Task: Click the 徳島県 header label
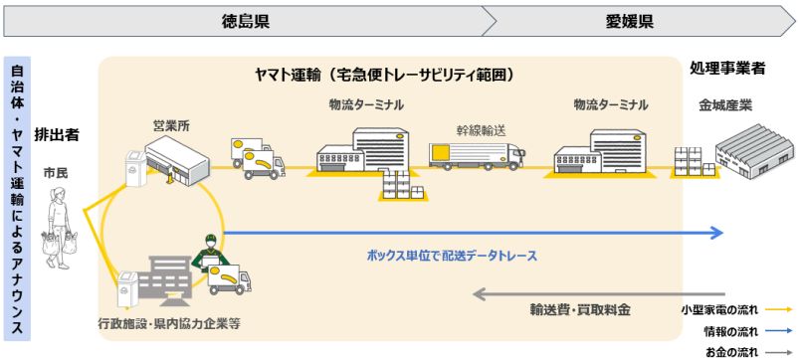coord(245,21)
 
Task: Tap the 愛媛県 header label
coord(630,21)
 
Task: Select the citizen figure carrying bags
coord(59,228)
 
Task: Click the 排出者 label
coord(57,134)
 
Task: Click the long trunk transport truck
coord(477,155)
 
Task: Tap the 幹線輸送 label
coord(481,130)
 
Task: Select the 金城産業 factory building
coord(754,150)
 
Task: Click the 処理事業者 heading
coord(727,69)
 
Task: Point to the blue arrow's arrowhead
coord(716,233)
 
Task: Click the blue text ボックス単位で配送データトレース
coord(452,256)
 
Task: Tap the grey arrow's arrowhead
coord(480,293)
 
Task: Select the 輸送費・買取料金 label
coord(580,309)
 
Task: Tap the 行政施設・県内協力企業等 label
coord(168,323)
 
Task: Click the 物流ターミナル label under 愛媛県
coord(611,105)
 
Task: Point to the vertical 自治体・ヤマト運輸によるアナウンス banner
coord(17,198)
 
